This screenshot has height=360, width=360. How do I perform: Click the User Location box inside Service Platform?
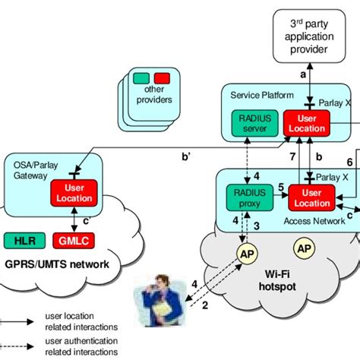click(x=305, y=123)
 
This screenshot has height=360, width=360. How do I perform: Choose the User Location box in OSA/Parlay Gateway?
click(x=73, y=193)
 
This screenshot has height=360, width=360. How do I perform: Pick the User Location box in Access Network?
click(x=311, y=198)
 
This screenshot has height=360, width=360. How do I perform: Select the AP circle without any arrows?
click(x=305, y=248)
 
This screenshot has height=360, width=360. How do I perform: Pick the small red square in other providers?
click(x=161, y=77)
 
